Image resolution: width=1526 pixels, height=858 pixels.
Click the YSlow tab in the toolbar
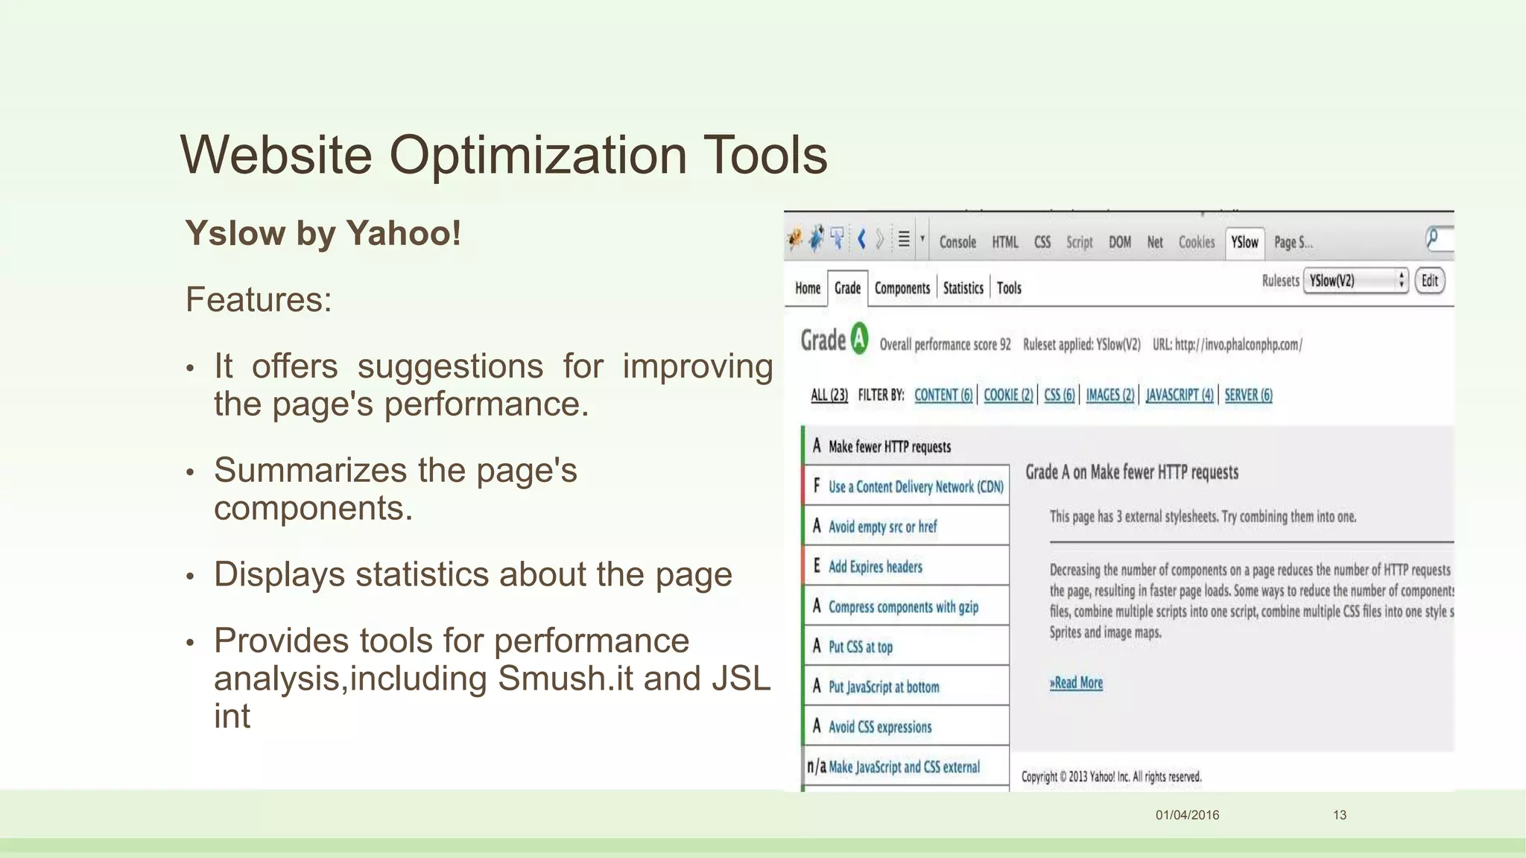click(1244, 242)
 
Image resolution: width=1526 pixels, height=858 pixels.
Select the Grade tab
click(847, 288)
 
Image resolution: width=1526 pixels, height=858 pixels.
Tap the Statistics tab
click(963, 288)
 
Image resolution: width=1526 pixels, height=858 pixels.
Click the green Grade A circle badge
click(859, 339)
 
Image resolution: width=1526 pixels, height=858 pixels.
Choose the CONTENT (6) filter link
click(943, 395)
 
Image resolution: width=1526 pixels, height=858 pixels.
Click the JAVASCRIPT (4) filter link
click(1180, 395)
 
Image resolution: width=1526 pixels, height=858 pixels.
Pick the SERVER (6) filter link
click(1248, 395)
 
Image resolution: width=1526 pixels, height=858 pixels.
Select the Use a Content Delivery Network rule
click(916, 486)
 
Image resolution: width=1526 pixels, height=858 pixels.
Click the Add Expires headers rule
click(875, 567)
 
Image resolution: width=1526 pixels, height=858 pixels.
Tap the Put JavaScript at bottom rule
click(884, 687)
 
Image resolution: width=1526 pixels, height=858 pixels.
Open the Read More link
click(1076, 682)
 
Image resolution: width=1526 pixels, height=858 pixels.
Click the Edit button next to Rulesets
click(1429, 281)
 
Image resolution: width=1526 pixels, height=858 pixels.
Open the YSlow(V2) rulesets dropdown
click(1355, 281)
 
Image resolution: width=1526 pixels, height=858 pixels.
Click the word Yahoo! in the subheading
click(403, 233)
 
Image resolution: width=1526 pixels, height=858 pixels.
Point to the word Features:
click(259, 299)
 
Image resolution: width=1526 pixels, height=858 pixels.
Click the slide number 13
click(1339, 815)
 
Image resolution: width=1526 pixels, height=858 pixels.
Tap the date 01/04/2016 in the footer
click(1187, 815)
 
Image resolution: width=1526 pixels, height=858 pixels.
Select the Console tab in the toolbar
click(957, 242)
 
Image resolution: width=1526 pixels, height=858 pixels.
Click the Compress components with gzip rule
click(903, 607)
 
